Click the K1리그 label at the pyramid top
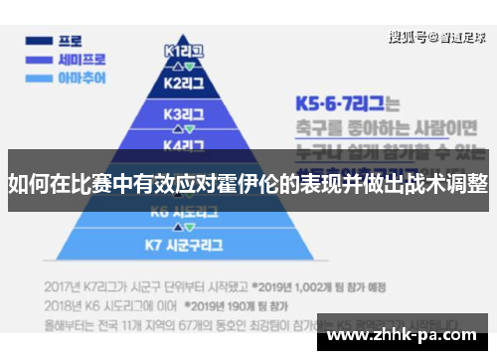(184, 49)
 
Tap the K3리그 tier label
(184, 113)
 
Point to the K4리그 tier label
(184, 144)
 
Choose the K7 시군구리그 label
(184, 243)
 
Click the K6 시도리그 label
(184, 212)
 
